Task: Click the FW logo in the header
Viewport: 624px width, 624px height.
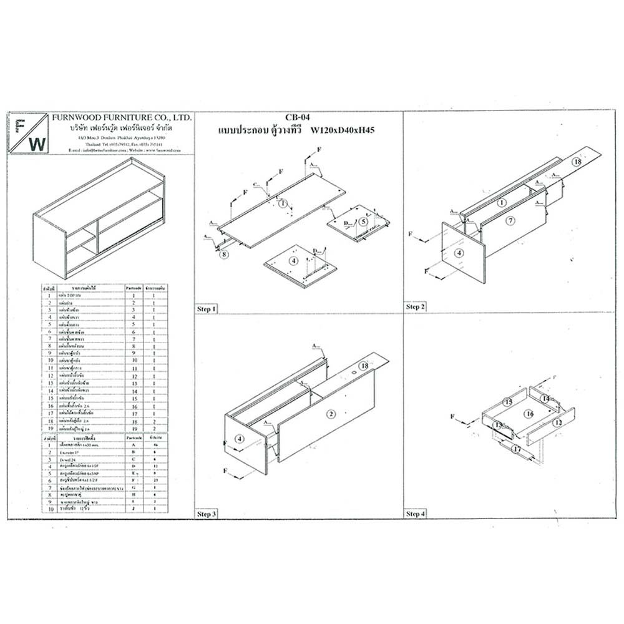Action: coord(29,134)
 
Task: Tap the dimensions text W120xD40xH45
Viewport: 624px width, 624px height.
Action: coord(346,130)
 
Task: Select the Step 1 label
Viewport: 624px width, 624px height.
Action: coord(207,309)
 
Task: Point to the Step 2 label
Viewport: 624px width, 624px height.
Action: coord(415,307)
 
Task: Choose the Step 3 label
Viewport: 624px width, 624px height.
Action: coord(207,514)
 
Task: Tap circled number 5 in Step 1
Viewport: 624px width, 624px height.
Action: coord(363,221)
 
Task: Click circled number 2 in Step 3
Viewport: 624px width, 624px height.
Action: coord(331,414)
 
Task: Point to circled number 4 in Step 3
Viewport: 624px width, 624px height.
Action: coord(238,439)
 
